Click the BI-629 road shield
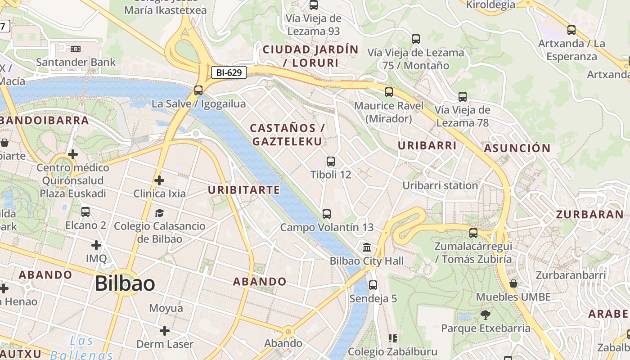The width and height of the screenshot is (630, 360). [x=229, y=72]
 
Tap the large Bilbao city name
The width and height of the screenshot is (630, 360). [x=125, y=283]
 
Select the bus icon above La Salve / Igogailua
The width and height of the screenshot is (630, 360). [x=198, y=90]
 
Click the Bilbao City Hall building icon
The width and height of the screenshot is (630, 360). [x=367, y=247]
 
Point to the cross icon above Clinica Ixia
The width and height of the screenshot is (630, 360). [x=159, y=180]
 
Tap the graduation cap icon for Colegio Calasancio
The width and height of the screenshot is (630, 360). [x=159, y=213]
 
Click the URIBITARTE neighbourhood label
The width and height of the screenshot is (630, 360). [x=244, y=190]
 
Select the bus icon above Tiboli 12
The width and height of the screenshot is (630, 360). [x=331, y=162]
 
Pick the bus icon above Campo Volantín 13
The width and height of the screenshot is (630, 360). [x=327, y=214]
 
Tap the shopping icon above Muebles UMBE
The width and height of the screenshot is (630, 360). [x=513, y=283]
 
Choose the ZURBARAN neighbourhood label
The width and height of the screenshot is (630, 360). [x=589, y=214]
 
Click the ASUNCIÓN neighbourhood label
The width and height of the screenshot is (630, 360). [x=517, y=148]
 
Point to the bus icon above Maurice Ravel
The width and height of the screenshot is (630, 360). [x=389, y=92]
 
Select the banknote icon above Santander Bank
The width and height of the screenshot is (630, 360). [x=76, y=49]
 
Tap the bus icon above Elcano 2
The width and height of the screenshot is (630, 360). [x=85, y=211]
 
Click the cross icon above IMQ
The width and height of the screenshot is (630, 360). [x=96, y=245]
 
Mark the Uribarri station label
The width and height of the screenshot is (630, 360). [x=440, y=185]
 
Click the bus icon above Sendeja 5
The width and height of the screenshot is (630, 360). [x=373, y=285]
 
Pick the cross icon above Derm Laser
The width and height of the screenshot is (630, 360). [x=165, y=331]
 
